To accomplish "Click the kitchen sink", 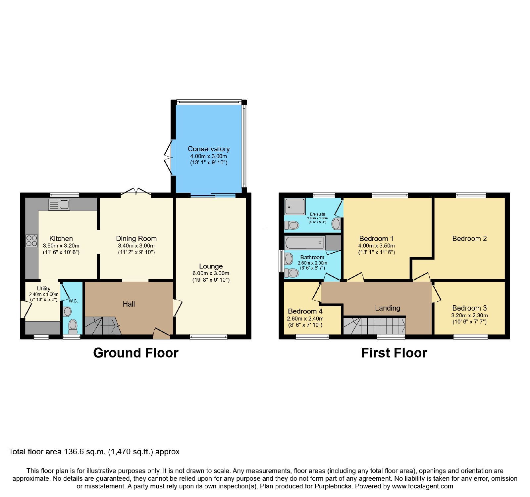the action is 59,205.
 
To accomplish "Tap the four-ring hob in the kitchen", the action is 31,241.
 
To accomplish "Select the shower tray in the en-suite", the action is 295,207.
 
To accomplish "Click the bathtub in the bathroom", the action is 304,243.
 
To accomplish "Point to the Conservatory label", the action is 209,149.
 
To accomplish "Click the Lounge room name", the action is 211,266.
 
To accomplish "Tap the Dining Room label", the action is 136,239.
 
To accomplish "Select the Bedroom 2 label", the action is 469,239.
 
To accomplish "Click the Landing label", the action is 388,308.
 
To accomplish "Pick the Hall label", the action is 129,304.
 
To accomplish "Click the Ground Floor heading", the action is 136,353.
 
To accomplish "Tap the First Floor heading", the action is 394,353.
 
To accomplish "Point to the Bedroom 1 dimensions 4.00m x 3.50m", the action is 377,246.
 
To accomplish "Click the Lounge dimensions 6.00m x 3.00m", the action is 211,273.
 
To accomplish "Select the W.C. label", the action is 73,301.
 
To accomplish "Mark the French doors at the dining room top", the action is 136,192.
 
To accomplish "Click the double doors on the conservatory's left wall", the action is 169,157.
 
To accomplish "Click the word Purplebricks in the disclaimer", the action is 333,486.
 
